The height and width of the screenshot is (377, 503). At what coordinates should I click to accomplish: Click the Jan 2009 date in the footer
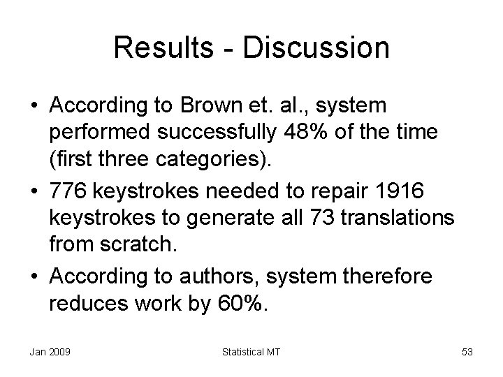(x=49, y=352)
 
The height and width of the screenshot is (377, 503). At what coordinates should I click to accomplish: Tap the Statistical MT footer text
(x=251, y=352)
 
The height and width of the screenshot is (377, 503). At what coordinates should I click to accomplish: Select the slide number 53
(x=467, y=352)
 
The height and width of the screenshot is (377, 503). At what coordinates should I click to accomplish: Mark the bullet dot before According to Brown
(x=34, y=106)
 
